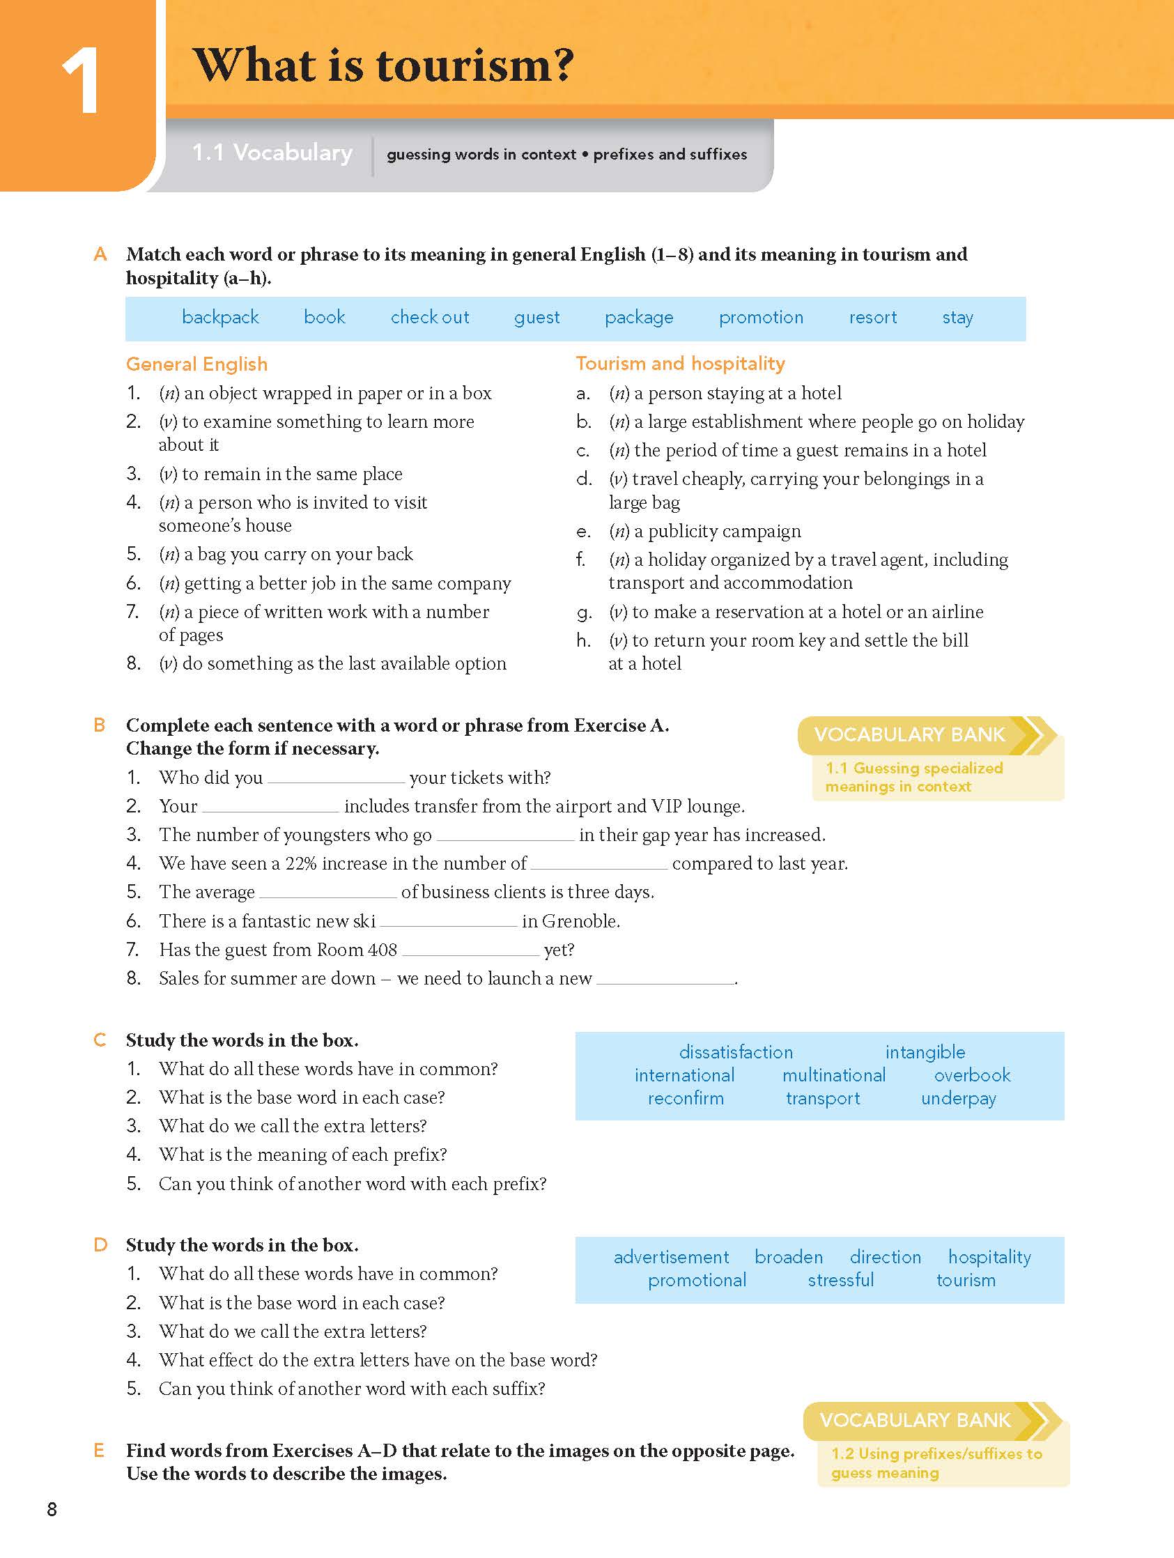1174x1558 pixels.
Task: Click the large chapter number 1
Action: point(80,82)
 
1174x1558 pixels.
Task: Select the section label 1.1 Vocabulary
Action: point(272,153)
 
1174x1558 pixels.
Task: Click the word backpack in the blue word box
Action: point(219,318)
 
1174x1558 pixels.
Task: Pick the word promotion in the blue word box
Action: point(761,318)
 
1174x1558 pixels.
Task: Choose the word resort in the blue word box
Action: point(872,318)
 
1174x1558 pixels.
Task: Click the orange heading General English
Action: point(196,364)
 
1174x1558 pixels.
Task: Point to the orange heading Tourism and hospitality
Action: point(679,364)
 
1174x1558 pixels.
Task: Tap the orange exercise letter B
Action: point(100,725)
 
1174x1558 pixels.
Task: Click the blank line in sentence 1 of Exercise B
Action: point(336,780)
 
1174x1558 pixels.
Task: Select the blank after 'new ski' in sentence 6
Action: point(448,923)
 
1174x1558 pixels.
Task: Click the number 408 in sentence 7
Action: point(382,950)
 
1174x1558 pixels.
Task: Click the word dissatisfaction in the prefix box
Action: point(735,1052)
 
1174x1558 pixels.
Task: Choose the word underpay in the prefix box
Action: point(958,1099)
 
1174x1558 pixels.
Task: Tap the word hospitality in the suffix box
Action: point(989,1257)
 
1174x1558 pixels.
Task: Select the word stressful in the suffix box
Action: point(840,1281)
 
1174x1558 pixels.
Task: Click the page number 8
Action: point(52,1509)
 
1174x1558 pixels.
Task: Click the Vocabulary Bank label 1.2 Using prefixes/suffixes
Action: point(936,1463)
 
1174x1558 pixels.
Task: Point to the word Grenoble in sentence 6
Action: point(580,921)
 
